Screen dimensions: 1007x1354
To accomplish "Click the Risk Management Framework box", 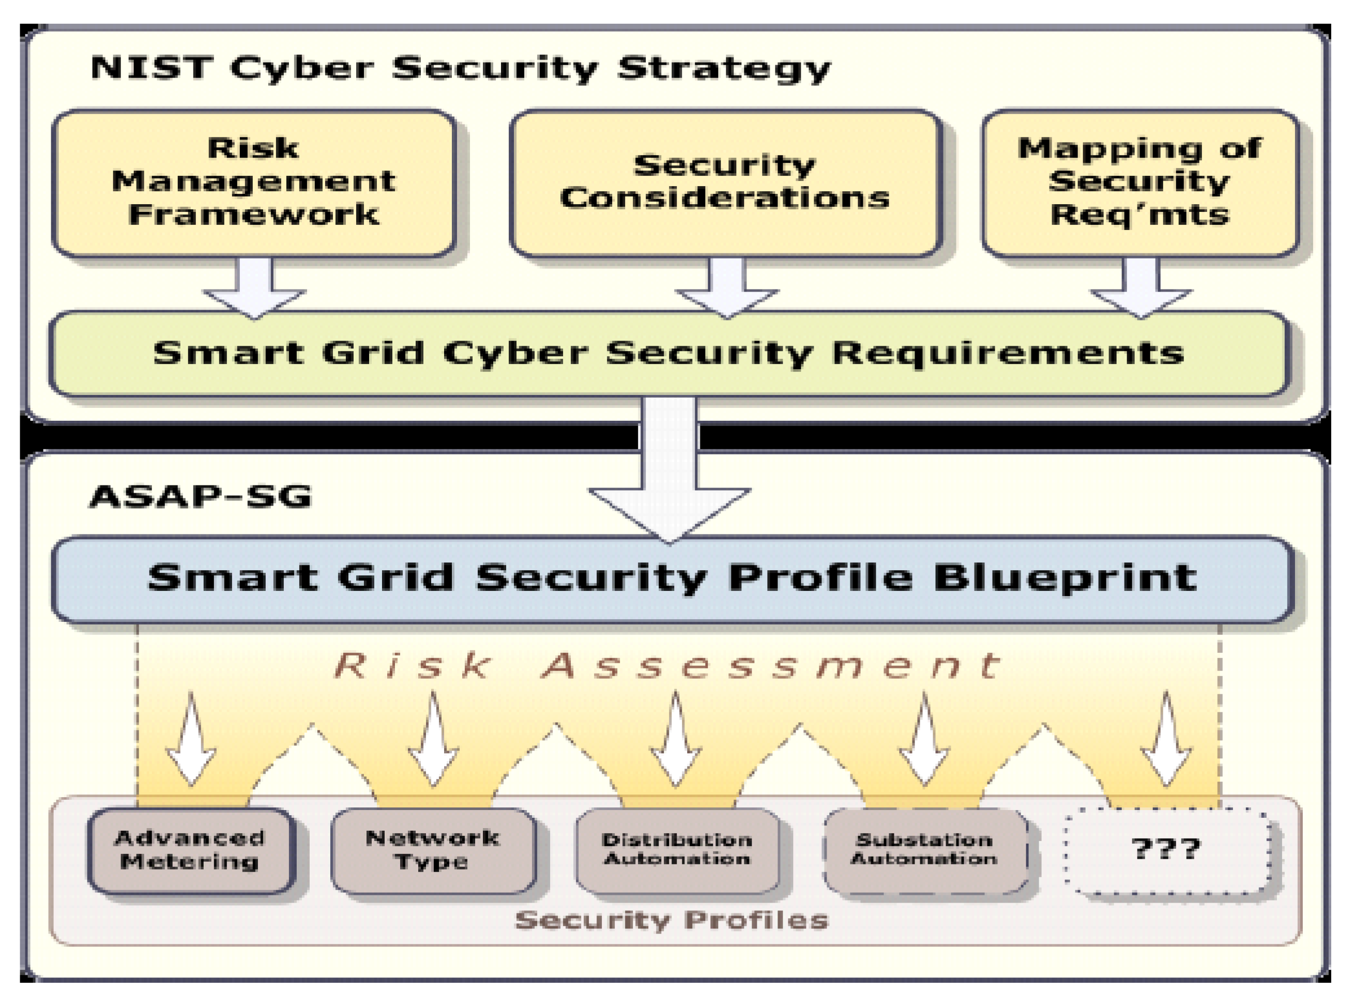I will (x=254, y=182).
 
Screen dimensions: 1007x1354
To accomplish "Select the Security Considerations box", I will (x=725, y=182).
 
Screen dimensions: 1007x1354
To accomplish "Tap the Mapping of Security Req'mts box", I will (x=1139, y=182).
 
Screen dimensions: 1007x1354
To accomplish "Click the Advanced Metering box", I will (x=190, y=850).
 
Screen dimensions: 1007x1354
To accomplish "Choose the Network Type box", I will (x=433, y=850).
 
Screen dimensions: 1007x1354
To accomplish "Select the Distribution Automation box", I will (x=677, y=850).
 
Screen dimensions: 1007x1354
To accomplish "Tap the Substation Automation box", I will (x=924, y=850).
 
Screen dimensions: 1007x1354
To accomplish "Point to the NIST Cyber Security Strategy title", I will (x=460, y=68).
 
